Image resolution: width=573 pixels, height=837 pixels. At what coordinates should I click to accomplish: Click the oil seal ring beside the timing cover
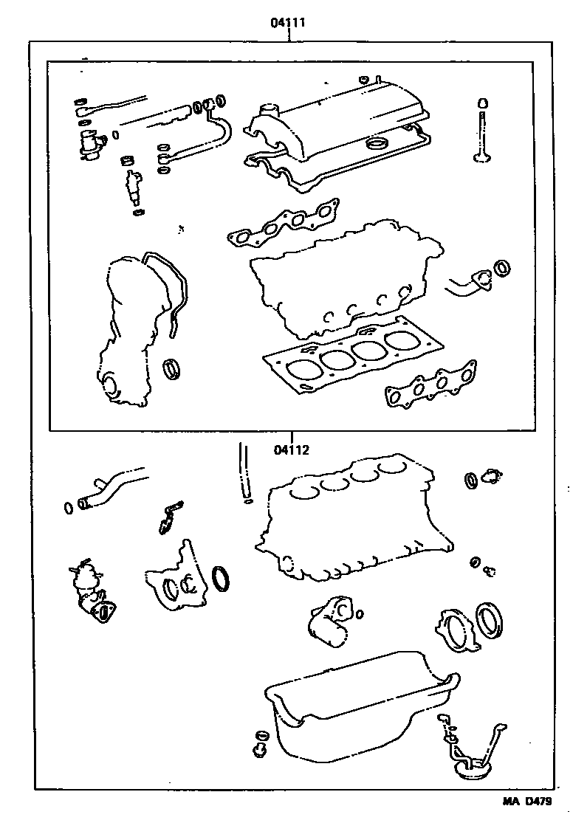click(174, 368)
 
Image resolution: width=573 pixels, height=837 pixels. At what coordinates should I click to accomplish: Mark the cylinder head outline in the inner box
click(340, 280)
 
